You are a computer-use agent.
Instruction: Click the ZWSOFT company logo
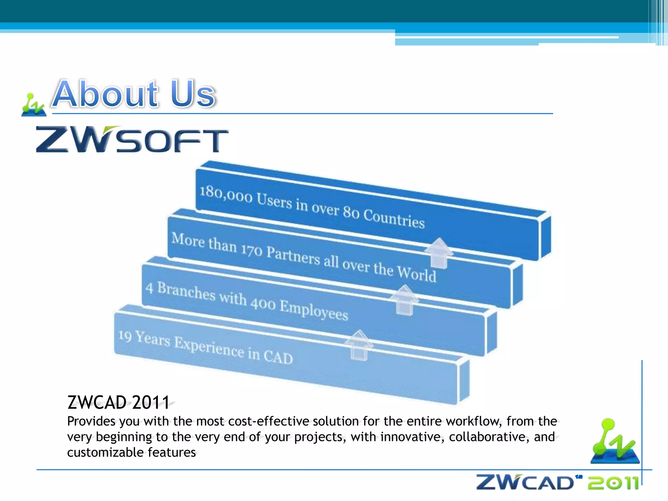[x=132, y=140]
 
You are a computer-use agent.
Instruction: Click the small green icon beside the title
[x=33, y=105]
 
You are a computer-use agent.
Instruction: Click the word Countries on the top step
[x=394, y=218]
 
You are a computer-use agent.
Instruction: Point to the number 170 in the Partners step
[x=251, y=250]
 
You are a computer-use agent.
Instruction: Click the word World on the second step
[x=417, y=272]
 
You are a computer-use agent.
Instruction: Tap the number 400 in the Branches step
[x=263, y=304]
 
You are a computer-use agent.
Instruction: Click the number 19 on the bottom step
[x=125, y=336]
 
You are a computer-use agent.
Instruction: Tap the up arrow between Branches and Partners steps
[x=404, y=300]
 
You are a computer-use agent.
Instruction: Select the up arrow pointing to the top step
[x=439, y=253]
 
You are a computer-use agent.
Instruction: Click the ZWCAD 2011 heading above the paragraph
[x=118, y=402]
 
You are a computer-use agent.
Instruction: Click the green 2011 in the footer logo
[x=613, y=483]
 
